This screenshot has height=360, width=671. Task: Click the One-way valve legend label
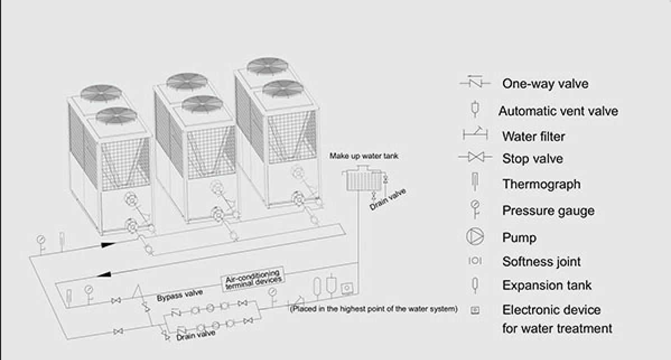coord(545,84)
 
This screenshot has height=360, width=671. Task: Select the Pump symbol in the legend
coord(474,237)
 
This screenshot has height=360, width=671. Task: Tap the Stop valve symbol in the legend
coord(475,158)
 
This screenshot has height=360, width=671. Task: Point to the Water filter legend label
coord(533,136)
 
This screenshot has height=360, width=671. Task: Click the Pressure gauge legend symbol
coord(475,209)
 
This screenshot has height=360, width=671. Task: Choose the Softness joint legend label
coord(541,261)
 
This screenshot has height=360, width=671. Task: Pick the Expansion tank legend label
coord(547,285)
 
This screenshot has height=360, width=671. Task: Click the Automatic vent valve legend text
coord(558,111)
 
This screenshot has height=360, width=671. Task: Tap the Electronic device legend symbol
coord(475,310)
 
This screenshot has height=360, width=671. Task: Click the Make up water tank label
coord(364,156)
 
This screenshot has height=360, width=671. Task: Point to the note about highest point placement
coord(374,309)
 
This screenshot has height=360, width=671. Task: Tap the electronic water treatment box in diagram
coord(348,288)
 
